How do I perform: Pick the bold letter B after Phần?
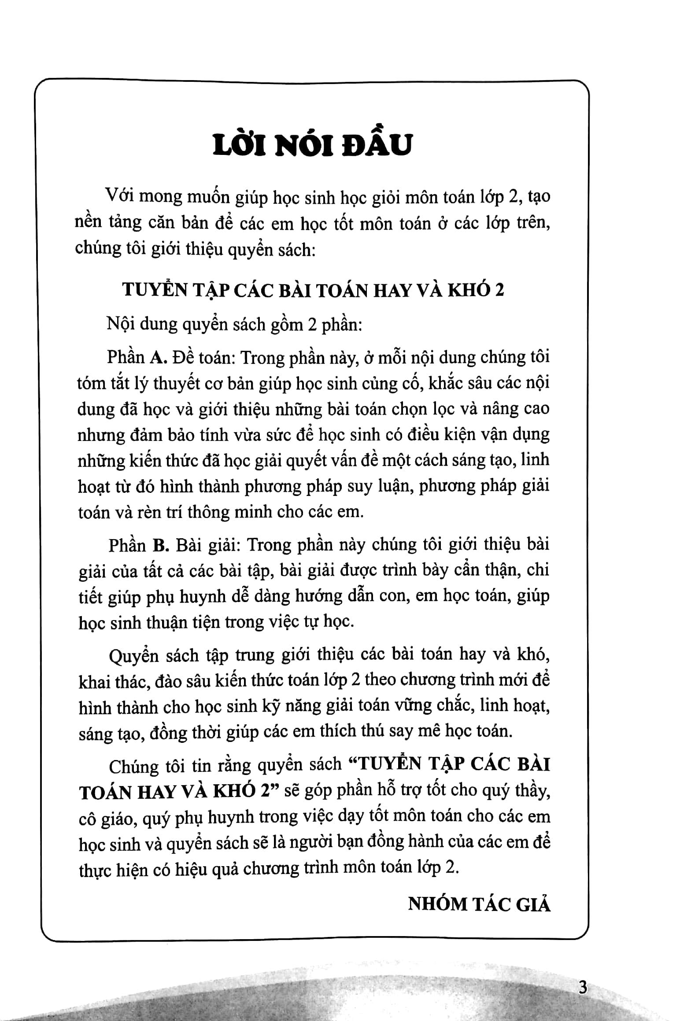(x=161, y=545)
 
